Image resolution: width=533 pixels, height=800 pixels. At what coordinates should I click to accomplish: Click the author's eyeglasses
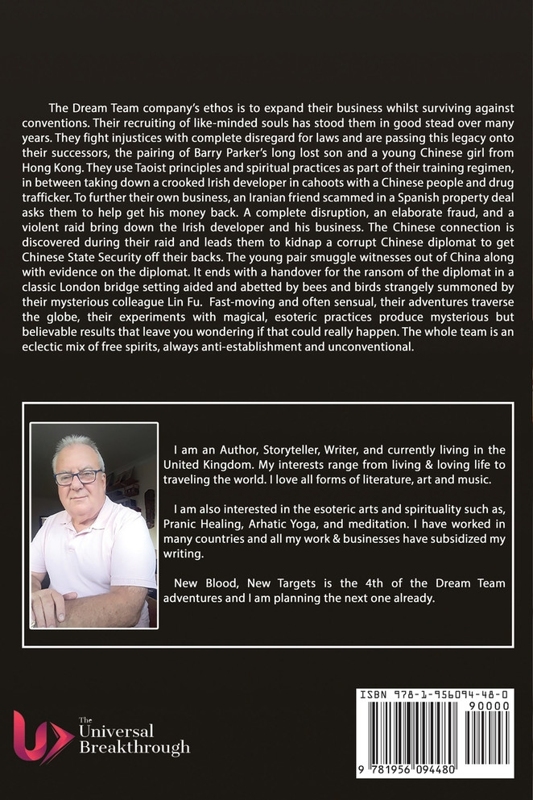[78, 477]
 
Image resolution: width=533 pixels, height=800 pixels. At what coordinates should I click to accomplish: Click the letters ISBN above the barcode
[374, 694]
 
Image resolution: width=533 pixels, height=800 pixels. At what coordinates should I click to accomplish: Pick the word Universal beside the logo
[116, 732]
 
